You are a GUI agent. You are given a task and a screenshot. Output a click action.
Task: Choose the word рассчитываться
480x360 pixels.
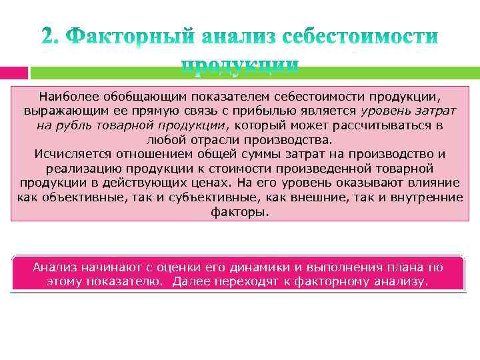(387, 125)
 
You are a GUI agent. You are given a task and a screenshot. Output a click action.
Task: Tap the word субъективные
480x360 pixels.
(194, 198)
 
